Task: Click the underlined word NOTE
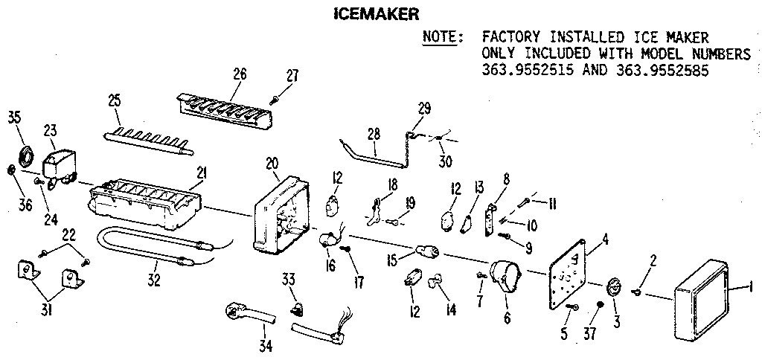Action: pos(441,36)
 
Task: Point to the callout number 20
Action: pos(273,163)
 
